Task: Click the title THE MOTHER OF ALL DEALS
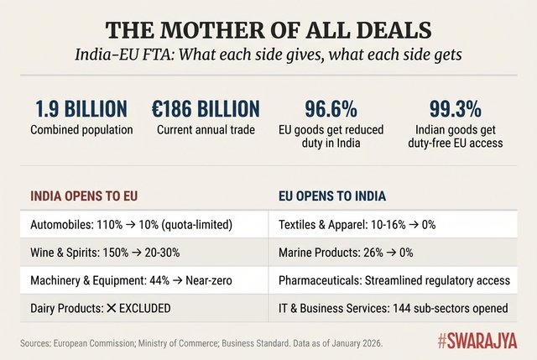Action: (268, 31)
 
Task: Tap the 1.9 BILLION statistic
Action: (81, 109)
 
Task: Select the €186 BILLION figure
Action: (205, 109)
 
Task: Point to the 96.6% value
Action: (331, 109)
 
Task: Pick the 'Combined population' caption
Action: (81, 130)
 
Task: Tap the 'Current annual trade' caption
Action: (206, 130)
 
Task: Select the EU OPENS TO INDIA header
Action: (331, 198)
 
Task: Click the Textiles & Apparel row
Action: (357, 225)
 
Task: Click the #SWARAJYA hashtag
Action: (477, 342)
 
